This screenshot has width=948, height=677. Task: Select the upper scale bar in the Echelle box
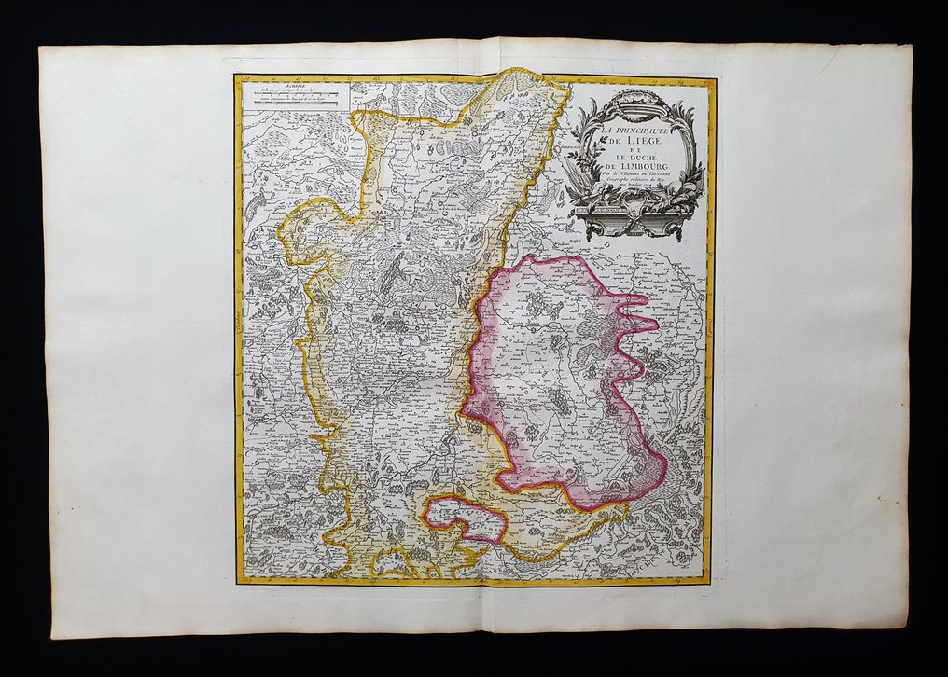click(x=293, y=98)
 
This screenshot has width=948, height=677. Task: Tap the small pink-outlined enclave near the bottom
click(x=465, y=519)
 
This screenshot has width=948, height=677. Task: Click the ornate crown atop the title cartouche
click(x=637, y=98)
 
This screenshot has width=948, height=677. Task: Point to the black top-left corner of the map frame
click(x=236, y=77)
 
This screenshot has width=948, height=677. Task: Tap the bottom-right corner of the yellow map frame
click(x=711, y=583)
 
